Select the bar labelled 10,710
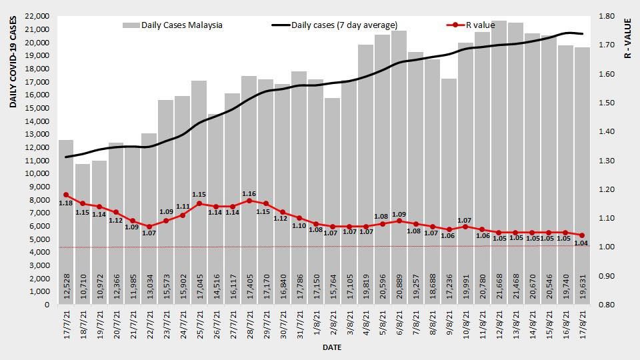pyautogui.click(x=83, y=233)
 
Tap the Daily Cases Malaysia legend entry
pyautogui.click(x=172, y=25)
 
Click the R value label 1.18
pyautogui.click(x=65, y=203)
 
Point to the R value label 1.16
pyautogui.click(x=249, y=193)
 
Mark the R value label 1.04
pyautogui.click(x=581, y=243)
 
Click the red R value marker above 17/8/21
pyautogui.click(x=582, y=235)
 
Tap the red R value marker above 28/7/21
pyautogui.click(x=249, y=201)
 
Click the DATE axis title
pyautogui.click(x=332, y=347)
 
